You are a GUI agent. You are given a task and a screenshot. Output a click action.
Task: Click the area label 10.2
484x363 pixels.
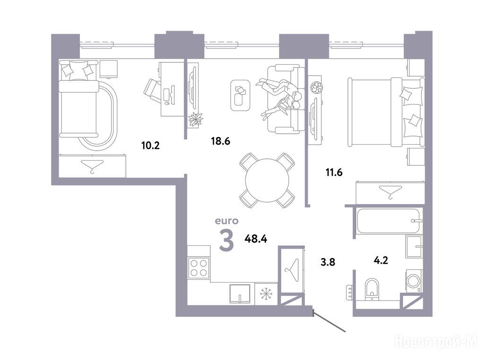tap(151, 146)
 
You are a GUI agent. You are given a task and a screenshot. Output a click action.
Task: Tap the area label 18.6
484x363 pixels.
tap(221, 141)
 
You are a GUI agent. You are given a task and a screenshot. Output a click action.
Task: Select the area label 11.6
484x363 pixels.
tap(334, 172)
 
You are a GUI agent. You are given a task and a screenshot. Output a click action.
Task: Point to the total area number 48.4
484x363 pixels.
tap(256, 239)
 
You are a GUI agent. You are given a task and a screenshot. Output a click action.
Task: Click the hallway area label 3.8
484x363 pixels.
tap(328, 262)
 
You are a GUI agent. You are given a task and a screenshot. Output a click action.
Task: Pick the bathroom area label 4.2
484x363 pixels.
tap(380, 260)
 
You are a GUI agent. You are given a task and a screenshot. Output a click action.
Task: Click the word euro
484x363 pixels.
tap(227, 221)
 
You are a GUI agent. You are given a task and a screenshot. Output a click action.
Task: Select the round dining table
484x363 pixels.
tap(268, 181)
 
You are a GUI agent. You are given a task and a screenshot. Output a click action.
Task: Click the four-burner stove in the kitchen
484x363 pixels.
tap(199, 268)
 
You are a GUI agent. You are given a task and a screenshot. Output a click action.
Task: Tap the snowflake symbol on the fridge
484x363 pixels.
tap(265, 294)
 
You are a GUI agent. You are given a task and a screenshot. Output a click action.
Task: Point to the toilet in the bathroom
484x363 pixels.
tap(372, 289)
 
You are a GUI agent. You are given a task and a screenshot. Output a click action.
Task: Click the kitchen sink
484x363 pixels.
tap(240, 294)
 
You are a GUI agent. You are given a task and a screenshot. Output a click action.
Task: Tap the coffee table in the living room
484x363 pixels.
tap(240, 95)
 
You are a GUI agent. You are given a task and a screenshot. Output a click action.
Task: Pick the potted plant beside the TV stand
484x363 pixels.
tap(196, 120)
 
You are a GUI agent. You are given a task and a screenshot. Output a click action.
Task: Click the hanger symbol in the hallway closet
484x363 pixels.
tap(292, 269)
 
